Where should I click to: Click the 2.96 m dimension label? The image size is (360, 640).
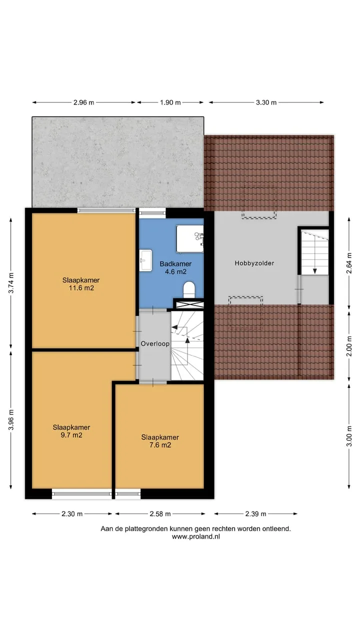[83, 102]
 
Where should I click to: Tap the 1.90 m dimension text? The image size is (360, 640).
[170, 102]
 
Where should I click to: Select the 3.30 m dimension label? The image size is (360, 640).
[266, 102]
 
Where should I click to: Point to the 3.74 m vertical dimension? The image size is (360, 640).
[11, 283]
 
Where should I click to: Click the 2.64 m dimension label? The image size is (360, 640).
[349, 263]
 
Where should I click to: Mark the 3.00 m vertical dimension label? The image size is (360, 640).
[349, 436]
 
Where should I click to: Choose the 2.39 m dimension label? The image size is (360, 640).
[255, 513]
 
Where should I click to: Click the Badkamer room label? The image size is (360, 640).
[175, 263]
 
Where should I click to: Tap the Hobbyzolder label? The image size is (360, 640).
[254, 263]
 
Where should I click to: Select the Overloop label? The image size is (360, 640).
[155, 343]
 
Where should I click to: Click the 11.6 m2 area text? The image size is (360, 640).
[81, 288]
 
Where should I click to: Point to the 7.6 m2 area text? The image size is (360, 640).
[160, 445]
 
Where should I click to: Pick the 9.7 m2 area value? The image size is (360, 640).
[71, 435]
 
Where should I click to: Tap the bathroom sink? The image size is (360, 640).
[145, 260]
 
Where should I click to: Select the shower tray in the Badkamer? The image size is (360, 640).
[190, 239]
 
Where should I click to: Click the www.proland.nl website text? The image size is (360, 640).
[196, 536]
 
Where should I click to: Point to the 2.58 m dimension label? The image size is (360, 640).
[160, 513]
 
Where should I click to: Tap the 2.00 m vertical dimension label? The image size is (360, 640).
[349, 346]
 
